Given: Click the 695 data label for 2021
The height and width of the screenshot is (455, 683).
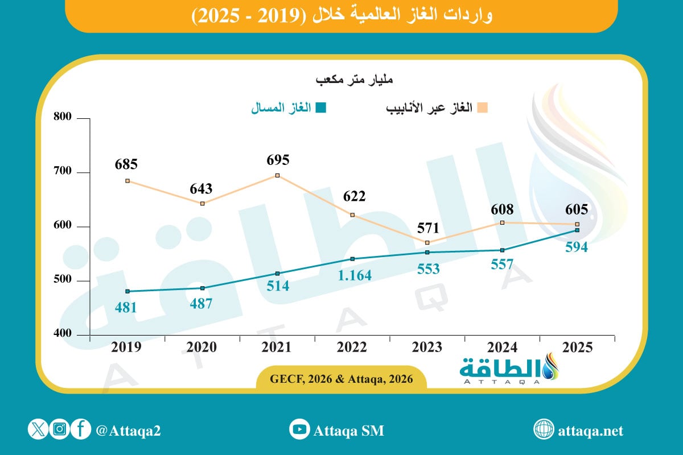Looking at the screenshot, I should point(278,159).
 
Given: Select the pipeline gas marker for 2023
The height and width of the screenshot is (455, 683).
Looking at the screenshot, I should point(427,243).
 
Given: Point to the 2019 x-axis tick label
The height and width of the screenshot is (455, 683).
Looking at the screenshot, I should point(127,348).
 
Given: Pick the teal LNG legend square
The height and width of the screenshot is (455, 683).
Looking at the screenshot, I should point(321,108).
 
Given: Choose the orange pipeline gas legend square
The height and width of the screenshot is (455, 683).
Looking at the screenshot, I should point(483,108).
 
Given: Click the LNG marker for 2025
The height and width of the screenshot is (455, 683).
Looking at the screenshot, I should point(577,230).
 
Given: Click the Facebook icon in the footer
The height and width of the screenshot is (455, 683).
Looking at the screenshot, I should point(81,430).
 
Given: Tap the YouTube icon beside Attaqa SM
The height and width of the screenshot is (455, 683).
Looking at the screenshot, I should point(299,430).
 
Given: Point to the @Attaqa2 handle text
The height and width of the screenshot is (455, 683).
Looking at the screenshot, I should point(129,431).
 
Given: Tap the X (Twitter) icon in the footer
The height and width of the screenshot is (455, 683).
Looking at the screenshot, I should point(38,430).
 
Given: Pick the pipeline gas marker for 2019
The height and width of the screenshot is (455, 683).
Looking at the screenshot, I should point(127,181).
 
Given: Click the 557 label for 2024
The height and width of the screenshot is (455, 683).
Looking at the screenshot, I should point(501,264).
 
